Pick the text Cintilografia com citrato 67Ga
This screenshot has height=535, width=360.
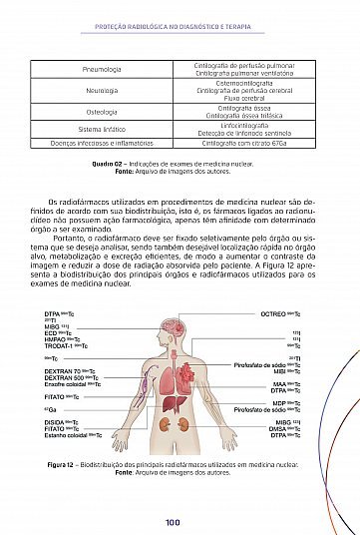[x=245, y=143]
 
